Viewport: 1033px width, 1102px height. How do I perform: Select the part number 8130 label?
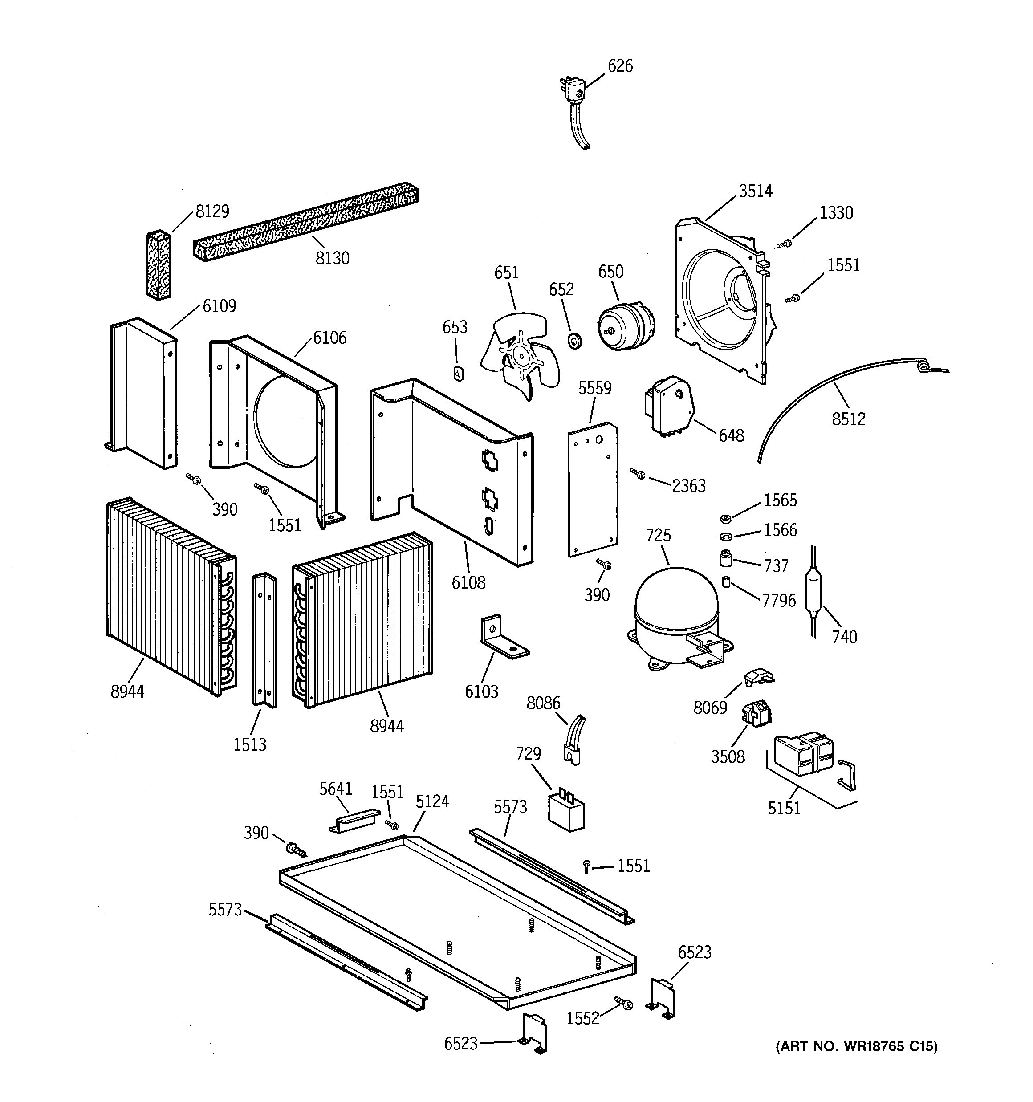[332, 258]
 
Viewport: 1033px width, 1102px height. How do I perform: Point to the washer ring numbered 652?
[574, 341]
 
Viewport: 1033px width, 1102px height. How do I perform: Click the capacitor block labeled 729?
[566, 812]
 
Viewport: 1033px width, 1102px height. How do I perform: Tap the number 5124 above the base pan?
[432, 801]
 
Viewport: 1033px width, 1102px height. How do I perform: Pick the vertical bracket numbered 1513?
[264, 640]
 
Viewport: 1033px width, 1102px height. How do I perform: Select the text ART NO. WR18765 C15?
[856, 1047]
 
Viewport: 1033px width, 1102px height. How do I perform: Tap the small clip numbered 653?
[459, 374]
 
